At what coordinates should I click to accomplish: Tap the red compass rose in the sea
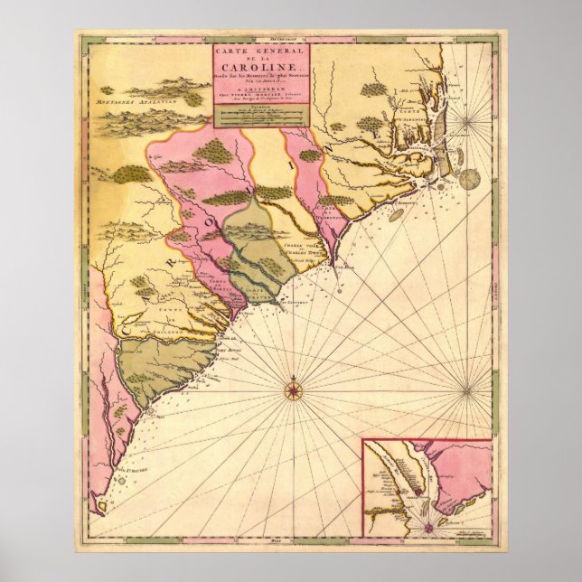coord(294,390)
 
